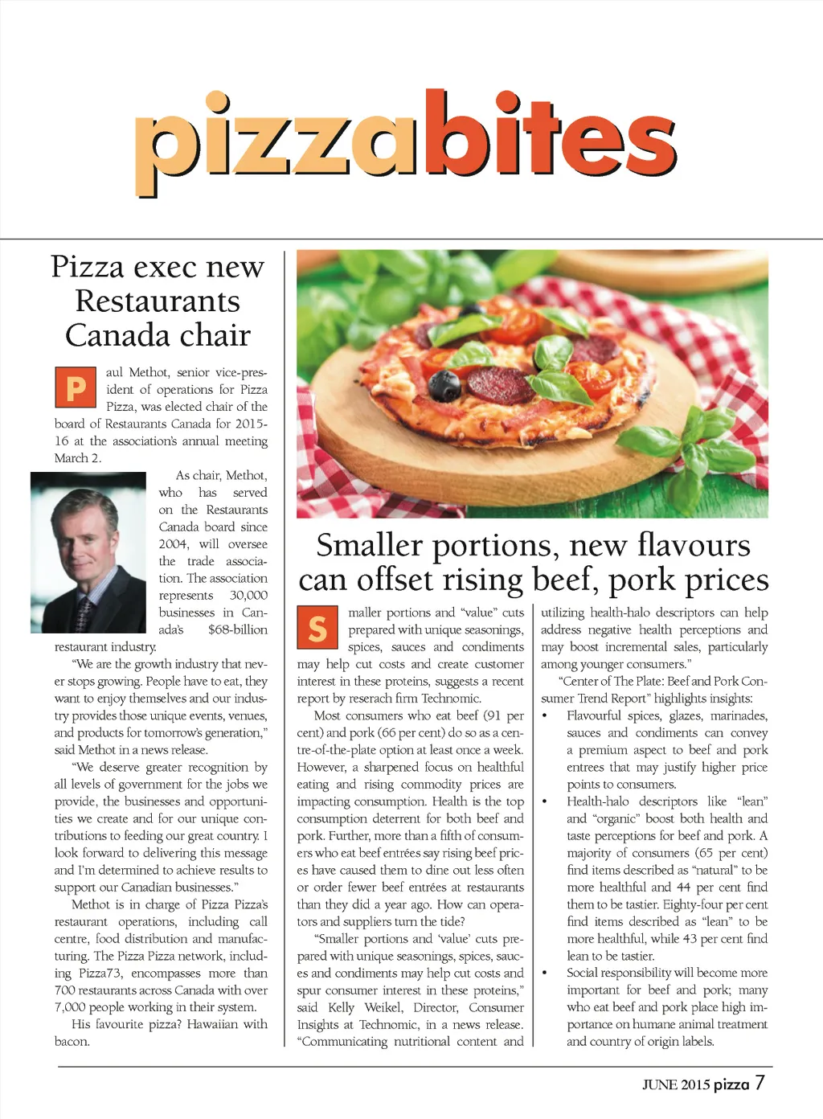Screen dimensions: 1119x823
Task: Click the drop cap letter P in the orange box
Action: coord(76,387)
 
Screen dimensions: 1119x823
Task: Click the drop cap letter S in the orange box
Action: coord(317,628)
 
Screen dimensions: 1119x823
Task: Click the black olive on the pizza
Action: coord(444,386)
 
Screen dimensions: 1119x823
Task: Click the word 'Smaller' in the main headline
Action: coord(369,545)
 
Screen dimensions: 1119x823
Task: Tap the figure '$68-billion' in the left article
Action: coord(237,629)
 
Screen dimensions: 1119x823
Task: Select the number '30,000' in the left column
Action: coord(248,595)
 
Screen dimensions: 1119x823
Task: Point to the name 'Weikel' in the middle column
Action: coord(383,1007)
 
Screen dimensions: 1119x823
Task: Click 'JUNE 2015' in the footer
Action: coord(675,1084)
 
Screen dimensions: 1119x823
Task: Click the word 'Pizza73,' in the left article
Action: coord(100,973)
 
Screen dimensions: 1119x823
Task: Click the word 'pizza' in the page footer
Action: coord(731,1084)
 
